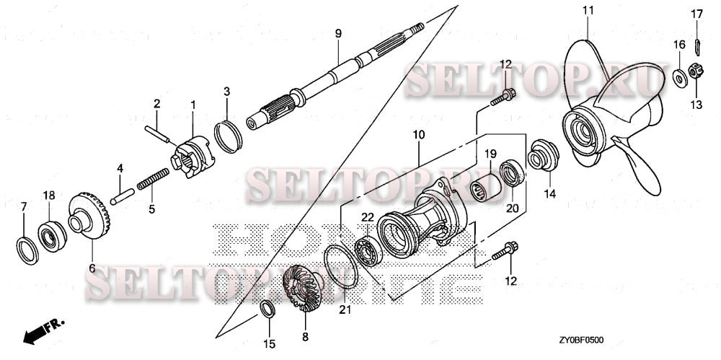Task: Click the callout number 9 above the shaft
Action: tap(338, 33)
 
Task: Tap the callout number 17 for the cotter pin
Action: tap(697, 14)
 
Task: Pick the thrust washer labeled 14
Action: tap(542, 156)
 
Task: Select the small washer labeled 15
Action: tap(266, 310)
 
